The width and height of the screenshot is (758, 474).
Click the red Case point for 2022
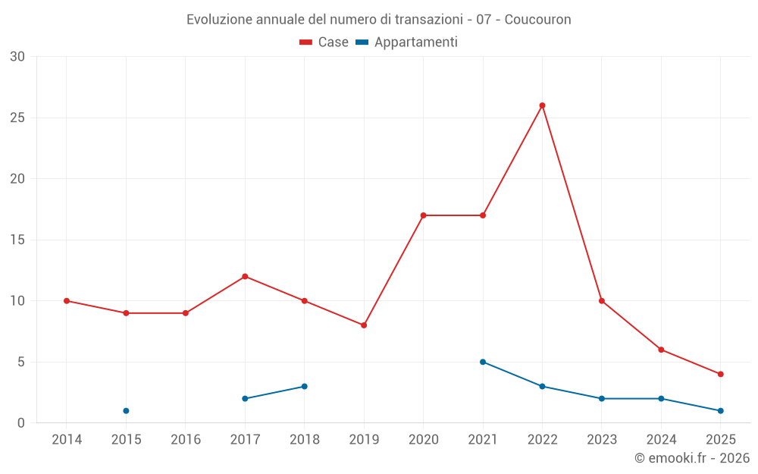click(542, 105)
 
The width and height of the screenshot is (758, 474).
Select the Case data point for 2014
click(67, 301)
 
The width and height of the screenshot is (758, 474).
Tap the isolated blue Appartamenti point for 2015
click(126, 411)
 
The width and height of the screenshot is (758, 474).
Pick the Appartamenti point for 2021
click(483, 362)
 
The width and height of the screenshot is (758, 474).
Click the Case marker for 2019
click(364, 325)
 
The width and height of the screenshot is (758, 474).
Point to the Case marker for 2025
click(720, 374)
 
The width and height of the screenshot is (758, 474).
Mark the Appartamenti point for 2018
click(304, 386)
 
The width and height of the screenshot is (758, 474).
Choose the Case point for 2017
click(245, 276)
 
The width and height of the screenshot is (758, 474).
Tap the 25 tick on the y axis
click(17, 118)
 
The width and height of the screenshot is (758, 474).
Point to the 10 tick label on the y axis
click(17, 301)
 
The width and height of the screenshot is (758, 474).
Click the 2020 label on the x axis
click(423, 440)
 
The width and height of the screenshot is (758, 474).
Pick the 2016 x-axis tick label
click(186, 440)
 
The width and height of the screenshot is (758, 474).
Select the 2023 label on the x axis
click(602, 440)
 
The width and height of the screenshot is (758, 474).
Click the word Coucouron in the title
click(537, 19)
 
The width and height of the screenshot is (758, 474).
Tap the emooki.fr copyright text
click(692, 458)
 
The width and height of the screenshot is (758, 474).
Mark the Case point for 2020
click(423, 215)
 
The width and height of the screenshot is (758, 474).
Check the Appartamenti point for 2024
click(661, 398)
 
